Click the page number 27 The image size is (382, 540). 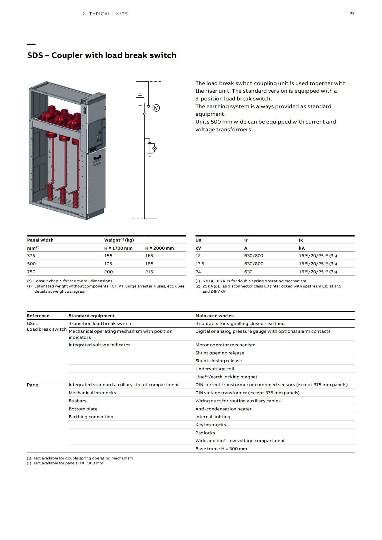pyautogui.click(x=352, y=14)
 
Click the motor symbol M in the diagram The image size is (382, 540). pyautogui.click(x=156, y=108)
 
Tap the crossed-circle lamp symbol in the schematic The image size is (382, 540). pyautogui.click(x=154, y=149)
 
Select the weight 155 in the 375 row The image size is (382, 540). pyautogui.click(x=108, y=256)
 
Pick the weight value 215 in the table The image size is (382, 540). pyautogui.click(x=149, y=272)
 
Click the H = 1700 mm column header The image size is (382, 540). pyautogui.click(x=118, y=248)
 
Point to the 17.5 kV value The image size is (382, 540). pyautogui.click(x=200, y=264)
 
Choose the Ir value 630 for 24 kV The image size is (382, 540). pyautogui.click(x=248, y=272)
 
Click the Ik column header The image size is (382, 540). pyautogui.click(x=301, y=240)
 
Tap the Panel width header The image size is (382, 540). pyautogui.click(x=40, y=240)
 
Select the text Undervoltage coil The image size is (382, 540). pyautogui.click(x=215, y=369)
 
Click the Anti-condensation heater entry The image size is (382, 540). pyautogui.click(x=223, y=409)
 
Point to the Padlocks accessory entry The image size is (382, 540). pyautogui.click(x=205, y=433)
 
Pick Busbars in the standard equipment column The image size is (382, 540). pyautogui.click(x=77, y=401)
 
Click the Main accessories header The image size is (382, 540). pyautogui.click(x=214, y=316)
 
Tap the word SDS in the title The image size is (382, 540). pyautogui.click(x=35, y=55)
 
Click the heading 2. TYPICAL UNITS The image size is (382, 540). pyautogui.click(x=105, y=14)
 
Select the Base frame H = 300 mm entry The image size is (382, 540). pyautogui.click(x=221, y=449)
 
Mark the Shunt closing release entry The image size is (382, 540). pyautogui.click(x=218, y=361)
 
